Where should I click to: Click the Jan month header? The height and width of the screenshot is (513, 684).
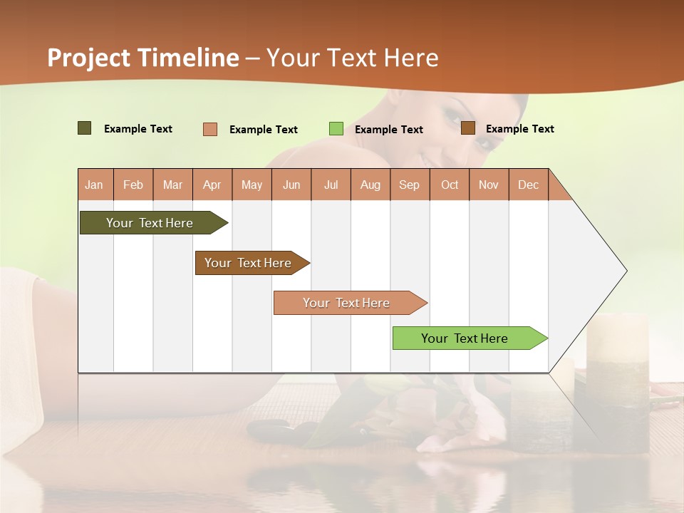pyautogui.click(x=95, y=185)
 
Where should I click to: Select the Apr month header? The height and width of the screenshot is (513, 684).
pyautogui.click(x=212, y=185)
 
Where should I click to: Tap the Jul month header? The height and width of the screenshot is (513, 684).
pyautogui.click(x=331, y=185)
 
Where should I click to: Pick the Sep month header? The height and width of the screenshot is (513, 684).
pyautogui.click(x=409, y=185)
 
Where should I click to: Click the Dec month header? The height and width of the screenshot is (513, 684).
pyautogui.click(x=528, y=185)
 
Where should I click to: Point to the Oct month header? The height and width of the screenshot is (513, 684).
pyautogui.click(x=450, y=185)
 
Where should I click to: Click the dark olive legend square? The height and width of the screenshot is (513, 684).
pyautogui.click(x=84, y=128)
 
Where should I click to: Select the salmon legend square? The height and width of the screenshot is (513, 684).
pyautogui.click(x=210, y=129)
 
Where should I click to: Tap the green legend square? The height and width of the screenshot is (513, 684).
pyautogui.click(x=336, y=129)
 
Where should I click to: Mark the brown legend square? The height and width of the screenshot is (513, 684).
pyautogui.click(x=467, y=128)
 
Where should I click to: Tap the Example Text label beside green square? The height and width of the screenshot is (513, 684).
pyautogui.click(x=389, y=130)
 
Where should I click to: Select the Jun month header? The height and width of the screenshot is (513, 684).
pyautogui.click(x=291, y=185)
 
